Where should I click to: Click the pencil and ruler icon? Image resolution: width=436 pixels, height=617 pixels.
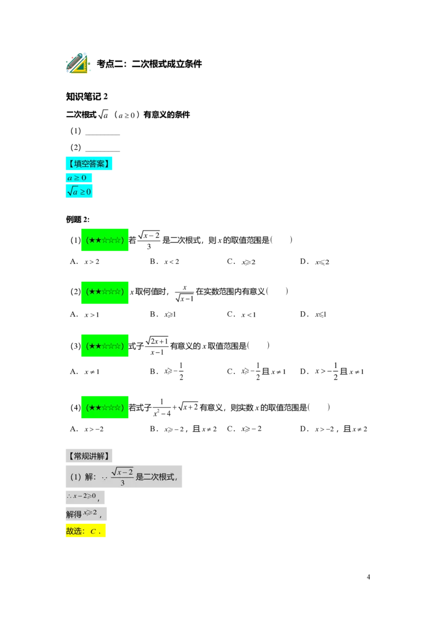[78, 63]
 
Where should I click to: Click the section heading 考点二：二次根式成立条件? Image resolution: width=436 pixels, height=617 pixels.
[149, 64]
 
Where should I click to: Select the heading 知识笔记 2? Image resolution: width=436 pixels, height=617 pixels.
[87, 96]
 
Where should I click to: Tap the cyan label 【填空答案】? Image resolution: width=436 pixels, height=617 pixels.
[89, 164]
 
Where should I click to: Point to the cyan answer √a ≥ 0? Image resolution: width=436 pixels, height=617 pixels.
[79, 191]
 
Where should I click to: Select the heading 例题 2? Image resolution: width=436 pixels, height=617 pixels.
[77, 220]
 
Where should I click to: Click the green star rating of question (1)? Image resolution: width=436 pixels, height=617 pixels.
[105, 240]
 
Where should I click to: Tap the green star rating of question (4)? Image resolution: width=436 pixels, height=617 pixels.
[105, 407]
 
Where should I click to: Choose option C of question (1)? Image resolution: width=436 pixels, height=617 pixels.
[241, 262]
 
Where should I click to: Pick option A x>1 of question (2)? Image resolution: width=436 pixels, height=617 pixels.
[84, 314]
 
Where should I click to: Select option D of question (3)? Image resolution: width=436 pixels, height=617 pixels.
[332, 371]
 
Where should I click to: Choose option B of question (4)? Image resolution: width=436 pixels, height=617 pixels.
[183, 429]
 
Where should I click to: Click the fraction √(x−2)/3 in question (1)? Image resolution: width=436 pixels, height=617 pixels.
[149, 240]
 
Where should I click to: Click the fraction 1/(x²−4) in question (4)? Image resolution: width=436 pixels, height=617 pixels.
[162, 408]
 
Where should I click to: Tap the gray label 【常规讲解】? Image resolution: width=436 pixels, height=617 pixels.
[89, 456]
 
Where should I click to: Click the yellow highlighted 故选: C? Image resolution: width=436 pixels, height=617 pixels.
[86, 531]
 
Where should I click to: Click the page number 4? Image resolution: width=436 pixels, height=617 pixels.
[368, 577]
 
